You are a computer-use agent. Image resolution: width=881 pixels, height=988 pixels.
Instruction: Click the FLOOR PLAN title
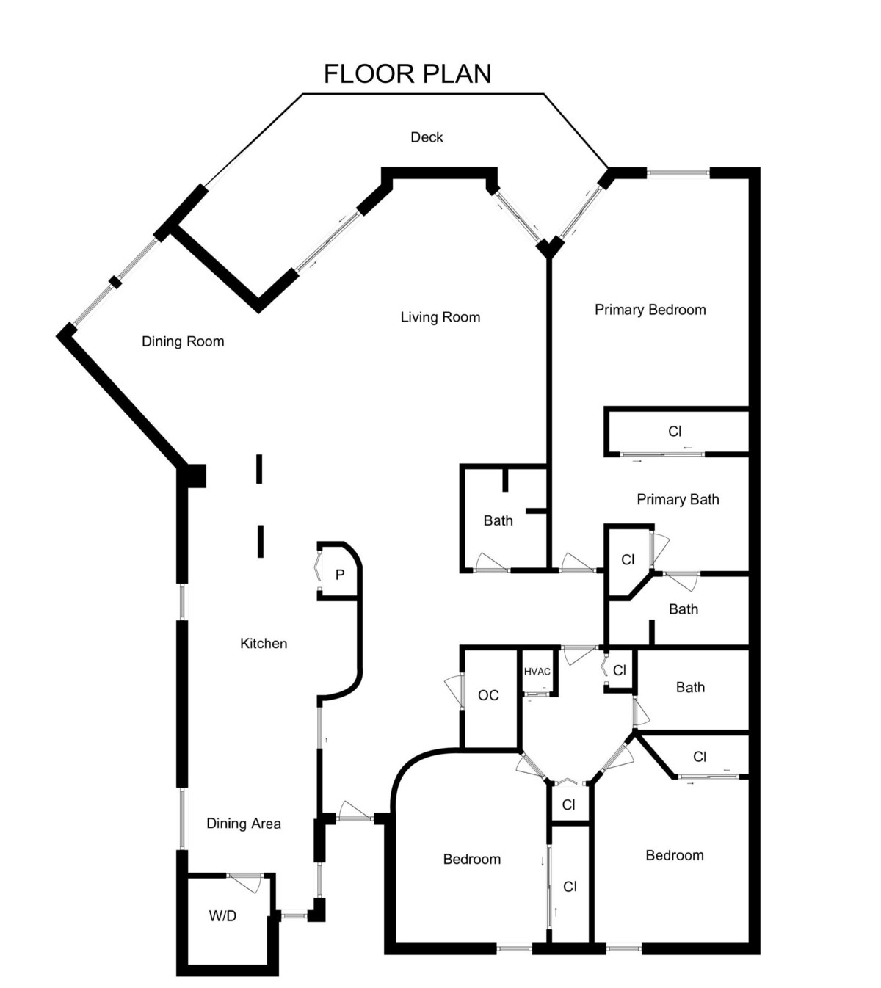pyautogui.click(x=407, y=74)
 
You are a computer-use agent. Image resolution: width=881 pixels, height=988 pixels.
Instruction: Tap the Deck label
pyautogui.click(x=427, y=137)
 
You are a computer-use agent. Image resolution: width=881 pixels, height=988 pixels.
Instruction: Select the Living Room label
pyautogui.click(x=440, y=318)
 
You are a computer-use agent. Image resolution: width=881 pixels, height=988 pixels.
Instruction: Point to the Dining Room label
pyautogui.click(x=183, y=341)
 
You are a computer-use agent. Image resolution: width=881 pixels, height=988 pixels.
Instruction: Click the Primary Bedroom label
pyautogui.click(x=650, y=310)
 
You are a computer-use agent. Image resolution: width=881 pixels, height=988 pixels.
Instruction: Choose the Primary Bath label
pyautogui.click(x=678, y=499)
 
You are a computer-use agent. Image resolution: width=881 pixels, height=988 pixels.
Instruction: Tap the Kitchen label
pyautogui.click(x=264, y=644)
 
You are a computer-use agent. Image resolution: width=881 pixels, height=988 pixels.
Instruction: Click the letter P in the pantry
pyautogui.click(x=340, y=575)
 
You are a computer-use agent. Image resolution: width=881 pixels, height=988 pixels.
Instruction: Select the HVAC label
pyautogui.click(x=537, y=672)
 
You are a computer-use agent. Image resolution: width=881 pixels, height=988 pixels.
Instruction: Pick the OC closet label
pyautogui.click(x=488, y=695)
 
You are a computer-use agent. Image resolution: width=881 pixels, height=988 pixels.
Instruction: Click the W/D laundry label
pyautogui.click(x=222, y=916)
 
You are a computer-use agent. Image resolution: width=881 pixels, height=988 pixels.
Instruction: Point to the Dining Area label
pyautogui.click(x=244, y=824)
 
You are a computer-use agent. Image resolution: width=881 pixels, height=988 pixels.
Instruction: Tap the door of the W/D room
pyautogui.click(x=245, y=882)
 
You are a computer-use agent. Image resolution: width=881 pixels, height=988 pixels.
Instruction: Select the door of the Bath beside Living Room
pyautogui.click(x=492, y=563)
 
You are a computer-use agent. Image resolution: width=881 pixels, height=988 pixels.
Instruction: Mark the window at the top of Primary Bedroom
pyautogui.click(x=678, y=172)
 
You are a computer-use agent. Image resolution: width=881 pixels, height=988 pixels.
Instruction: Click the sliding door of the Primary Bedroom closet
pyautogui.click(x=662, y=454)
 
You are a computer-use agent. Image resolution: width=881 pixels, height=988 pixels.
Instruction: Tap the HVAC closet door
pyautogui.click(x=537, y=694)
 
